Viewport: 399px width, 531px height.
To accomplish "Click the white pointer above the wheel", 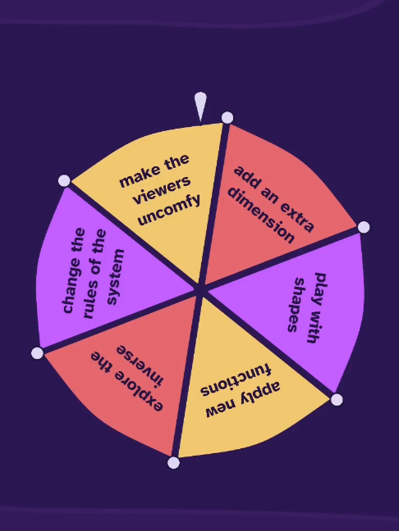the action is coord(200,106).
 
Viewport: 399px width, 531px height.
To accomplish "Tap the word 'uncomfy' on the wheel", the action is coord(169,211).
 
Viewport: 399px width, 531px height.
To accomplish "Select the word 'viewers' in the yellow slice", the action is coord(162,189).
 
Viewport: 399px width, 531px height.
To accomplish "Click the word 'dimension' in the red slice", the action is coord(260,215).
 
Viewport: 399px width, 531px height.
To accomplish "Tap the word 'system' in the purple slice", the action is coord(116,277).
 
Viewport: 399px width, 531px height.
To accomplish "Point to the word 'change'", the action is coord(73,270).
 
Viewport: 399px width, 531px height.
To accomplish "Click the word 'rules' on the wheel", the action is coord(89,301).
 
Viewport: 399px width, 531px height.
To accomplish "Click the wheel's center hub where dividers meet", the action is coord(200,290).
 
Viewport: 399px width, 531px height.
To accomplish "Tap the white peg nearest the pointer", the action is coord(227,117).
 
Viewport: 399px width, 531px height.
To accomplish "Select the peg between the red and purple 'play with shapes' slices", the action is coord(364,227).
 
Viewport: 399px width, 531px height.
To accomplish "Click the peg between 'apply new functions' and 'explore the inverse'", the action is coord(174,463).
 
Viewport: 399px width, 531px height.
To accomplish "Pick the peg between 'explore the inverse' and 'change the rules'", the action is coord(37,353).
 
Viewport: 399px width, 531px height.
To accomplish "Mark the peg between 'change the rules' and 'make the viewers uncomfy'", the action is coord(64,180).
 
